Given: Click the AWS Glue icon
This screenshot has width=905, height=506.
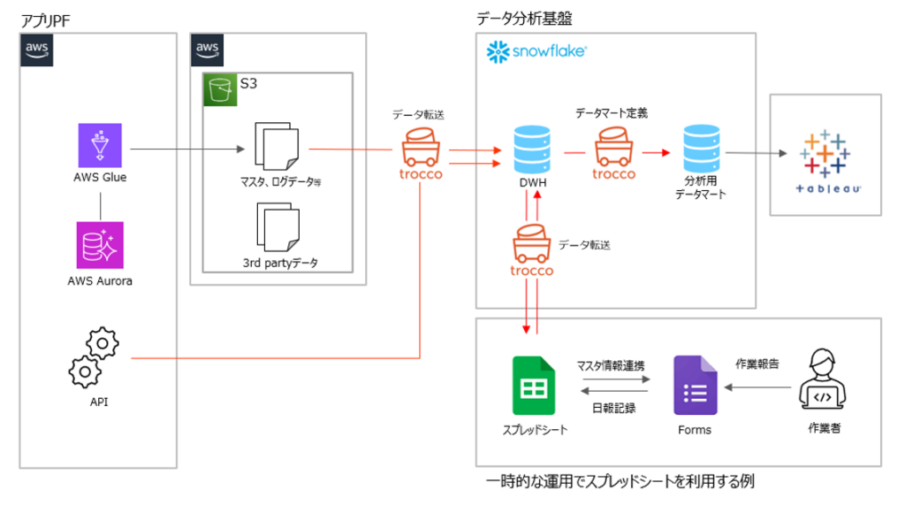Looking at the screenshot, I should coord(99,145).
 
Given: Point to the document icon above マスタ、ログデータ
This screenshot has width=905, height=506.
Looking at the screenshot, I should coord(275,146).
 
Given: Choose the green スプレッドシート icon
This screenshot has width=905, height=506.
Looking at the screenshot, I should coord(533,386).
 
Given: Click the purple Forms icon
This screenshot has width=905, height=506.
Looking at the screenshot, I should coord(695,386).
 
